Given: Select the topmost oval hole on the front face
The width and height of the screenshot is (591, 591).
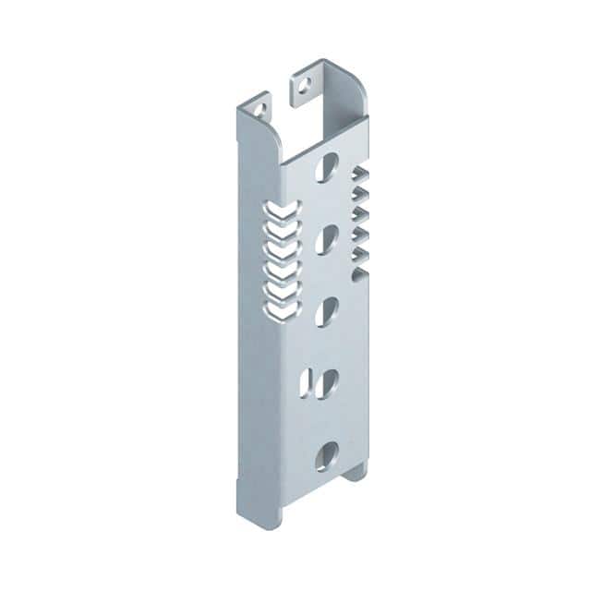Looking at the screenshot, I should click(x=325, y=169).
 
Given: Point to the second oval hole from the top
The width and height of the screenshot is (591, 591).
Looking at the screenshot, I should click(x=325, y=240).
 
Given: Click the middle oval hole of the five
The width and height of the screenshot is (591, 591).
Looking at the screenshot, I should click(x=325, y=312).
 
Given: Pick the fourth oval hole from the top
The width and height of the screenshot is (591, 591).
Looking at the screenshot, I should click(x=329, y=382).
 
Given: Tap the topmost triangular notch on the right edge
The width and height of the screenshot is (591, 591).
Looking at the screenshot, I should click(x=360, y=176).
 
